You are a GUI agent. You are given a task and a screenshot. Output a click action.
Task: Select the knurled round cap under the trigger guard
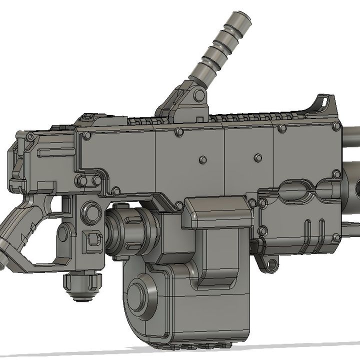(x=82, y=286)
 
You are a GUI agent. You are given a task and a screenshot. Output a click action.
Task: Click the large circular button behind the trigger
(x=91, y=213)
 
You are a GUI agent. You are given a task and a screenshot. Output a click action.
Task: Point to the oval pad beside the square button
(x=64, y=234)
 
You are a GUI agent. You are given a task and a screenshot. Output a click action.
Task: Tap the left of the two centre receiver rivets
(x=202, y=160)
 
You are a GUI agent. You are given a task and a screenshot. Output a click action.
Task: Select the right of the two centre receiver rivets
(x=258, y=158)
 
